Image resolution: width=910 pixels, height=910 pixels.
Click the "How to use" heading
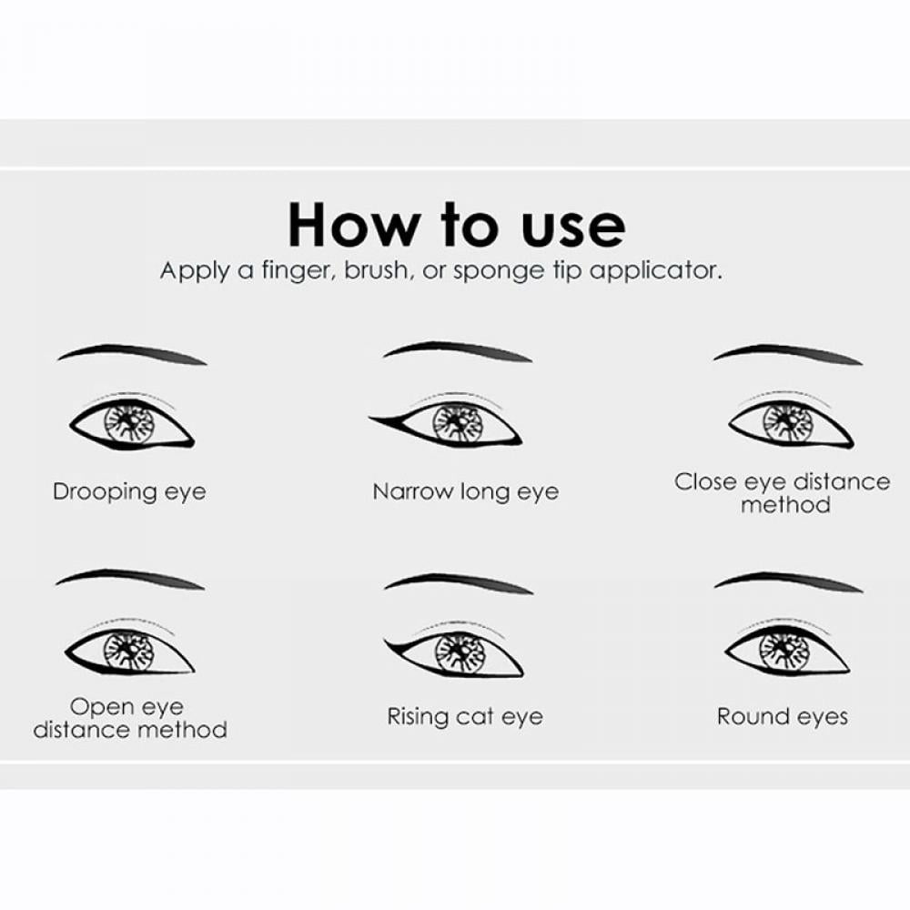(x=457, y=225)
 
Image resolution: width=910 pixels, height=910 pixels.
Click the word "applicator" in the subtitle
(x=656, y=271)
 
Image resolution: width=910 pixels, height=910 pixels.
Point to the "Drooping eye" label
(x=129, y=492)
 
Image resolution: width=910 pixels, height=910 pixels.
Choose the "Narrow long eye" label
(x=465, y=492)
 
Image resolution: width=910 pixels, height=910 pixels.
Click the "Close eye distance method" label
(x=783, y=493)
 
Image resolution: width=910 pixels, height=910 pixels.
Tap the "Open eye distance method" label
(x=130, y=718)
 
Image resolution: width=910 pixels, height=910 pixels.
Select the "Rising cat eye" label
(x=465, y=717)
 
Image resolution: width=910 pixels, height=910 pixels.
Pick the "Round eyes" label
(x=783, y=717)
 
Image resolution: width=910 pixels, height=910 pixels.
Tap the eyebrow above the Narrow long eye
(x=458, y=350)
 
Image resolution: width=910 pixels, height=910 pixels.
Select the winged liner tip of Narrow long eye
(x=369, y=417)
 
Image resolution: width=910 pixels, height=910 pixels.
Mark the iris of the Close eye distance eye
(x=787, y=423)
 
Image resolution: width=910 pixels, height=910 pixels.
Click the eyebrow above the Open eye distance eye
(x=130, y=578)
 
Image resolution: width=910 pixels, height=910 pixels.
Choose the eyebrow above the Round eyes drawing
(x=788, y=581)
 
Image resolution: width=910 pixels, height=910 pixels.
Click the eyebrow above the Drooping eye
(x=132, y=353)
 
